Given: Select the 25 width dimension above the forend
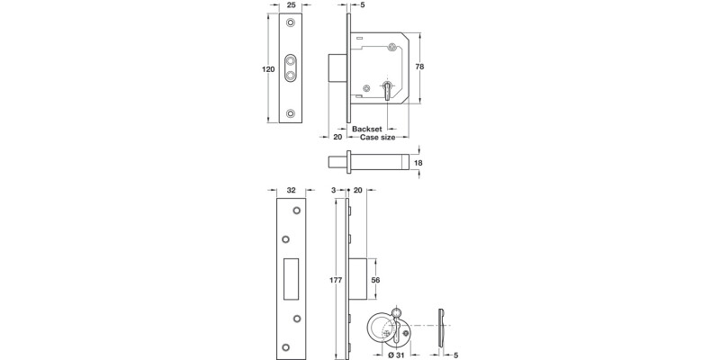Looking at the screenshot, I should [x=292, y=5].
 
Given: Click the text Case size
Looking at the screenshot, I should [x=376, y=138].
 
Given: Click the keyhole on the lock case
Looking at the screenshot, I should [x=386, y=91].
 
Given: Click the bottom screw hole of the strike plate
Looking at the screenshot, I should [x=286, y=347].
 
